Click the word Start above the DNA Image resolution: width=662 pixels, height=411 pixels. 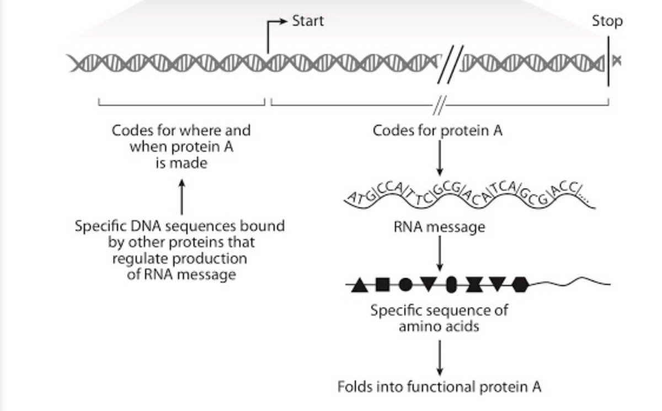pos(308,22)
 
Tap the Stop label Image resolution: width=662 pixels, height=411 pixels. pos(607,22)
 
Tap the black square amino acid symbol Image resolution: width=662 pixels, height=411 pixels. pos(382,285)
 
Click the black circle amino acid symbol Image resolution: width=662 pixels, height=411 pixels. pos(405,285)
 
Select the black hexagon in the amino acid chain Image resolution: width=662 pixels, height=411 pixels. pos(519,285)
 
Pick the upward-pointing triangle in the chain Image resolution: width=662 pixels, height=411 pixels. pos(360,285)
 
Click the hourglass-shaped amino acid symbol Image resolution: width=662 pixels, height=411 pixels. pos(473,285)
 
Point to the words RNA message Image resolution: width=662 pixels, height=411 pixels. pos(440,226)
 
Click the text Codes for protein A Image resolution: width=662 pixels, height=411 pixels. pos(437,131)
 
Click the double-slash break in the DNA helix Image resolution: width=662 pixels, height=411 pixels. pos(451,64)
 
